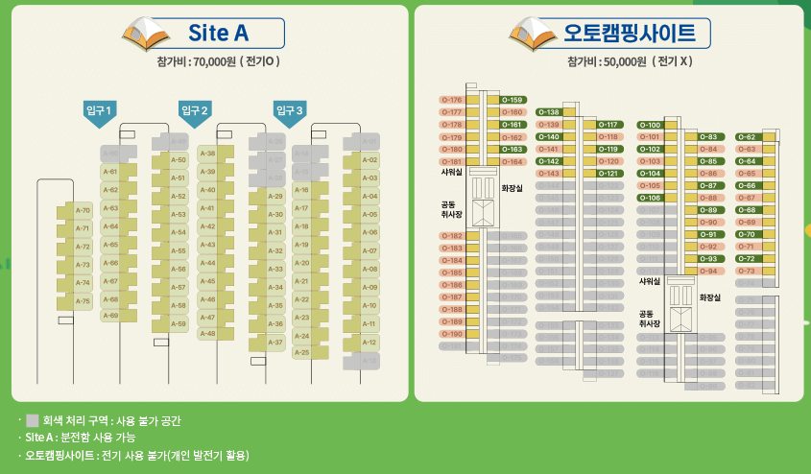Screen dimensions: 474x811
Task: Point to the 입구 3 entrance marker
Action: pos(288,111)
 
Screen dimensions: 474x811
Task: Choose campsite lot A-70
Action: pos(82,210)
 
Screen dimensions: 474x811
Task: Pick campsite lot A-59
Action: pos(178,324)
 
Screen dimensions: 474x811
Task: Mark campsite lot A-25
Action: pos(301,352)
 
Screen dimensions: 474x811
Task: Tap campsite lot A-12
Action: pos(370,342)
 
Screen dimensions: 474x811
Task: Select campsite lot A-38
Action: pos(206,154)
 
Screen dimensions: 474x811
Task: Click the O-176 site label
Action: pos(452,100)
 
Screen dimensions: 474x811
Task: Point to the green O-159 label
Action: pos(513,100)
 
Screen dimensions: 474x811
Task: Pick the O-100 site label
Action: pos(650,125)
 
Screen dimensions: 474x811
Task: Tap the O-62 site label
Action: pos(748,137)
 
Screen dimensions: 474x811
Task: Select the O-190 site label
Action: pos(452,334)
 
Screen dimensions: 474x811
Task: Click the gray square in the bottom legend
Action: pos(33,420)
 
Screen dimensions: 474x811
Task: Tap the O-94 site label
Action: pos(708,271)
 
